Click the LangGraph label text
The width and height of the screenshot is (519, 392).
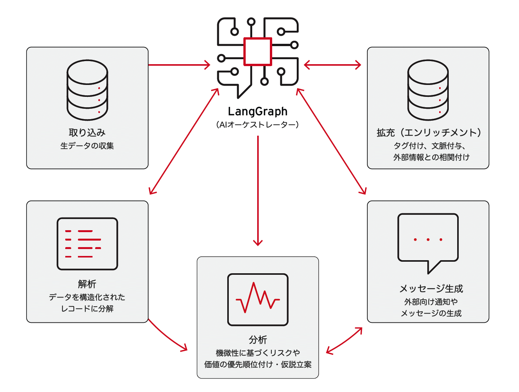click(x=258, y=111)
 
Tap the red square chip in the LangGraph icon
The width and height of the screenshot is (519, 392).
click(x=258, y=51)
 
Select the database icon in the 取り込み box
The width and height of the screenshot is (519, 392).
click(x=87, y=90)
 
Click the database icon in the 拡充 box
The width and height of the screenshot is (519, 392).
click(x=428, y=90)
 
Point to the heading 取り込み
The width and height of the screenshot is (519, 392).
click(x=87, y=133)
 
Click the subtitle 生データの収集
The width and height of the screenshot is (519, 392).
click(x=87, y=146)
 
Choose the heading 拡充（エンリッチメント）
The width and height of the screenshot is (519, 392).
click(x=428, y=133)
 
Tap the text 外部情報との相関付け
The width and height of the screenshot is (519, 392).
click(x=431, y=157)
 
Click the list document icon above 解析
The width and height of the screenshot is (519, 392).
click(x=87, y=244)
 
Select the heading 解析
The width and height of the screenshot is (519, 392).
click(x=87, y=284)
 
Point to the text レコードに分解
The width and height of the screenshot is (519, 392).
click(x=87, y=309)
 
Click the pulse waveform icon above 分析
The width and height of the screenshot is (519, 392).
click(x=258, y=299)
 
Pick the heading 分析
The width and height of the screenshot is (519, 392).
click(x=258, y=340)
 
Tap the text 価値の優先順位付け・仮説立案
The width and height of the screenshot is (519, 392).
click(x=258, y=364)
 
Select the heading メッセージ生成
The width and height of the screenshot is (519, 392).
click(x=431, y=289)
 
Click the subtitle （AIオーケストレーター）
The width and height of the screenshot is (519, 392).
click(x=258, y=125)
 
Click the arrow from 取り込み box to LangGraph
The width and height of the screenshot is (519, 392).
click(x=179, y=65)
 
